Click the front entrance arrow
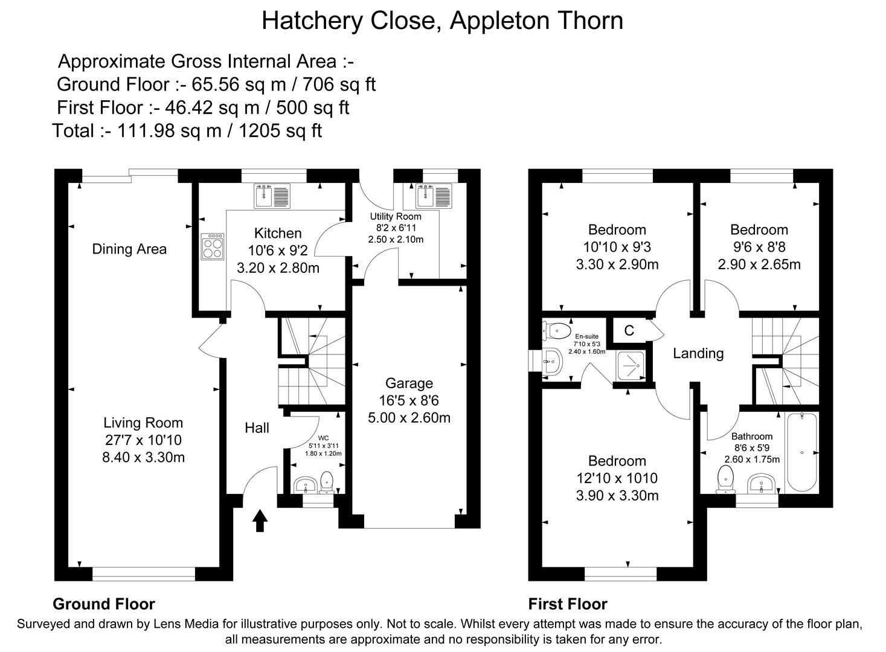click(x=260, y=520)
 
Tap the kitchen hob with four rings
click(x=213, y=247)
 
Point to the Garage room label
click(x=409, y=383)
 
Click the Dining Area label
click(x=129, y=249)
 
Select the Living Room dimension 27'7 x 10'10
click(x=143, y=440)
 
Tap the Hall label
click(x=257, y=428)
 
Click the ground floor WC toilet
click(x=327, y=483)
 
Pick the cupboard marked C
click(x=629, y=330)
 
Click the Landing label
click(x=698, y=353)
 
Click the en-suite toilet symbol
click(x=557, y=330)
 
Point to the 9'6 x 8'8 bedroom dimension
click(x=759, y=247)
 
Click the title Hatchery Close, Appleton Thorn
click(x=442, y=21)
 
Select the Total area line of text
click(x=187, y=130)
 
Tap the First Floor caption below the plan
click(x=568, y=604)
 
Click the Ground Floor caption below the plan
click(x=104, y=604)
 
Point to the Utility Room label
click(x=396, y=216)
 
